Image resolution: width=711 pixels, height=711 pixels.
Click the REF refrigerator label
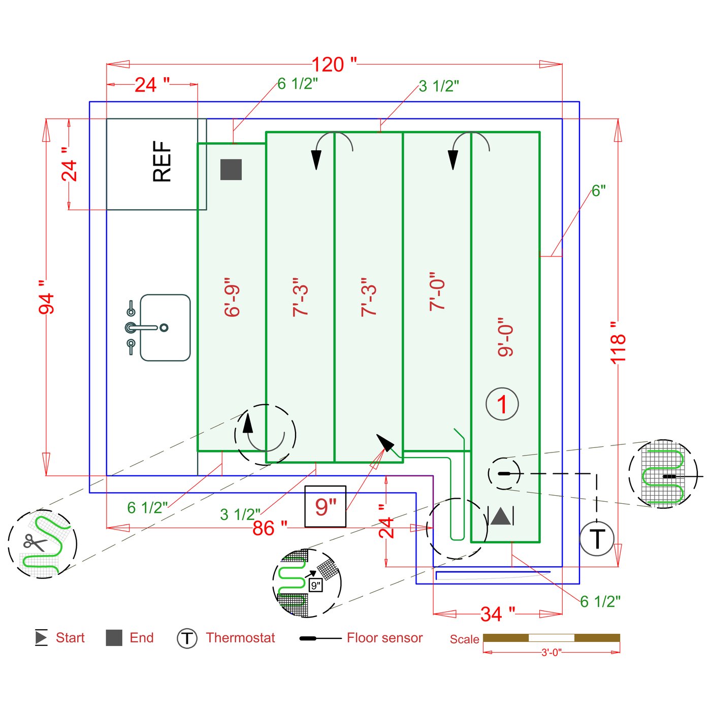point(162,161)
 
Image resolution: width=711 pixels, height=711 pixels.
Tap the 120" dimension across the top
point(334,65)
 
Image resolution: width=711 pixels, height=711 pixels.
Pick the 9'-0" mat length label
point(506,337)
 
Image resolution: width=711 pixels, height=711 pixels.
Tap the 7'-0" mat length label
point(437,291)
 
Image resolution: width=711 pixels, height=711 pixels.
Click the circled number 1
point(502,404)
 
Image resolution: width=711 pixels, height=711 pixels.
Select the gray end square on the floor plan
point(231,170)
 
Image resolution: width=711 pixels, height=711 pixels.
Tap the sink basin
point(165,328)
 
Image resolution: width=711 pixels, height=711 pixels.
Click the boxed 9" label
point(326,506)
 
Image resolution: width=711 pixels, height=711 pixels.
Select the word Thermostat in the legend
point(240,638)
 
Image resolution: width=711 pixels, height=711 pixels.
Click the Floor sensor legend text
point(384,638)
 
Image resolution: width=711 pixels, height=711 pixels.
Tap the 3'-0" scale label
point(551,653)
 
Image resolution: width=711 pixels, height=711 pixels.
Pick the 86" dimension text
point(270,529)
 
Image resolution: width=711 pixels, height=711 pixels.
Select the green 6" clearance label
point(599,191)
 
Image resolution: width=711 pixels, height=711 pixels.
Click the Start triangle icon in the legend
point(41,637)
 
